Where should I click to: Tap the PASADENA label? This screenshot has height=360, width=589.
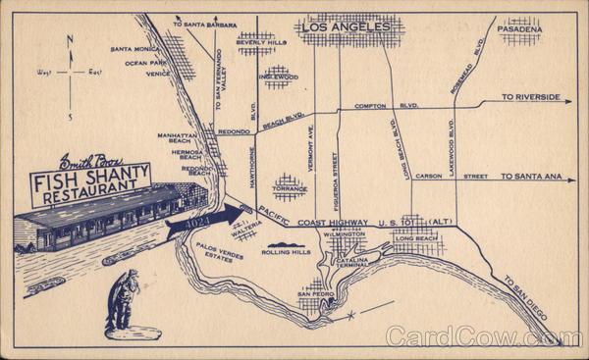tap(519, 30)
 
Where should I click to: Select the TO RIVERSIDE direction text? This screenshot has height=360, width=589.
tap(531, 98)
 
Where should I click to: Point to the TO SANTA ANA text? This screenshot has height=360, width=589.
tap(531, 177)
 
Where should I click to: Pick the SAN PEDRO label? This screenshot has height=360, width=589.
tap(316, 294)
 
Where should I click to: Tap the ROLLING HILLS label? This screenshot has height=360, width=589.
tap(286, 252)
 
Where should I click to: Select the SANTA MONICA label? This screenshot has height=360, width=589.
tap(134, 49)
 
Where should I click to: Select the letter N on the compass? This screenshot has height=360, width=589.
tap(69, 40)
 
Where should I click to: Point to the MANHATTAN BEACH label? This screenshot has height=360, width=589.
tap(178, 140)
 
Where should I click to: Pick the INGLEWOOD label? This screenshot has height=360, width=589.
tap(278, 77)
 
